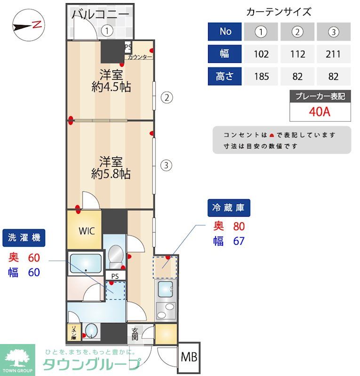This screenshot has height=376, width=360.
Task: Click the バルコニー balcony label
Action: (100, 14)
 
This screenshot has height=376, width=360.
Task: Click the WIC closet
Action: (87, 231)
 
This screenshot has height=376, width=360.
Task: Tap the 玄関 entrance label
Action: (135, 334)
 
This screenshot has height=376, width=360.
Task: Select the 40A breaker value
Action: (320, 113)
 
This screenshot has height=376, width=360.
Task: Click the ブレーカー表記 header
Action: (320, 97)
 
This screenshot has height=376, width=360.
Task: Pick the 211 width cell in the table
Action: (333, 54)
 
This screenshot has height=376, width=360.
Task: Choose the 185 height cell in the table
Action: (261, 76)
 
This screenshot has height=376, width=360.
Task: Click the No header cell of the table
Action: (225, 31)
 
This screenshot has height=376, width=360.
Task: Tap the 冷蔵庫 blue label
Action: (229, 207)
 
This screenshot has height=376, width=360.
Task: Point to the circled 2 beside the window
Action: (167, 98)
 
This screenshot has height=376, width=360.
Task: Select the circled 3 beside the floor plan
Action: (167, 165)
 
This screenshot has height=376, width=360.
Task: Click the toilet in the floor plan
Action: (115, 256)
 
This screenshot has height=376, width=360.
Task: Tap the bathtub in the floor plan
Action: (85, 263)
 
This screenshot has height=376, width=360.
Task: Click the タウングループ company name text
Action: (92, 364)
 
